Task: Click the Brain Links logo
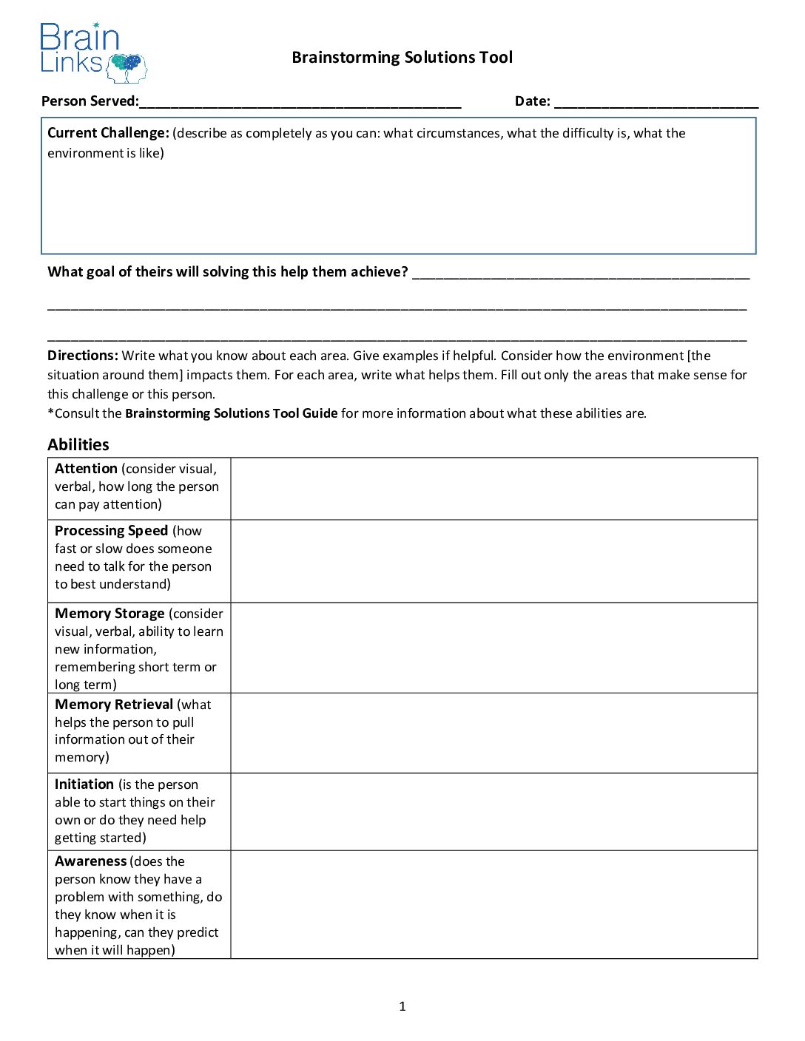pyautogui.click(x=93, y=52)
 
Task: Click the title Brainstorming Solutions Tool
pyautogui.click(x=402, y=58)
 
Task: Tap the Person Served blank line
pyautogui.click(x=300, y=102)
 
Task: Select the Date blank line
pyautogui.click(x=656, y=102)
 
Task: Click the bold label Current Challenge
pyautogui.click(x=108, y=133)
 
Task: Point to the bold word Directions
pyautogui.click(x=82, y=356)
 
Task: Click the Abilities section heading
pyautogui.click(x=78, y=444)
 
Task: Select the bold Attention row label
pyautogui.click(x=86, y=469)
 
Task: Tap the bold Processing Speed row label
pyautogui.click(x=111, y=531)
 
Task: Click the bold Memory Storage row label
pyautogui.click(x=110, y=614)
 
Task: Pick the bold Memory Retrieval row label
pyautogui.click(x=114, y=705)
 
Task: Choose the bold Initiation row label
pyautogui.click(x=84, y=784)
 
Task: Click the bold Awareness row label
pyautogui.click(x=91, y=861)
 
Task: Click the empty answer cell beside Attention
pyautogui.click(x=494, y=489)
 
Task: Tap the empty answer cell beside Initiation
pyautogui.click(x=494, y=812)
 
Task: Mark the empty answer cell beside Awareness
pyautogui.click(x=494, y=905)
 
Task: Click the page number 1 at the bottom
pyautogui.click(x=402, y=1006)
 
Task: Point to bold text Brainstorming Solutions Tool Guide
pyautogui.click(x=231, y=413)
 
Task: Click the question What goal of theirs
pyautogui.click(x=227, y=272)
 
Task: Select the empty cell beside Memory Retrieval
pyautogui.click(x=494, y=733)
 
